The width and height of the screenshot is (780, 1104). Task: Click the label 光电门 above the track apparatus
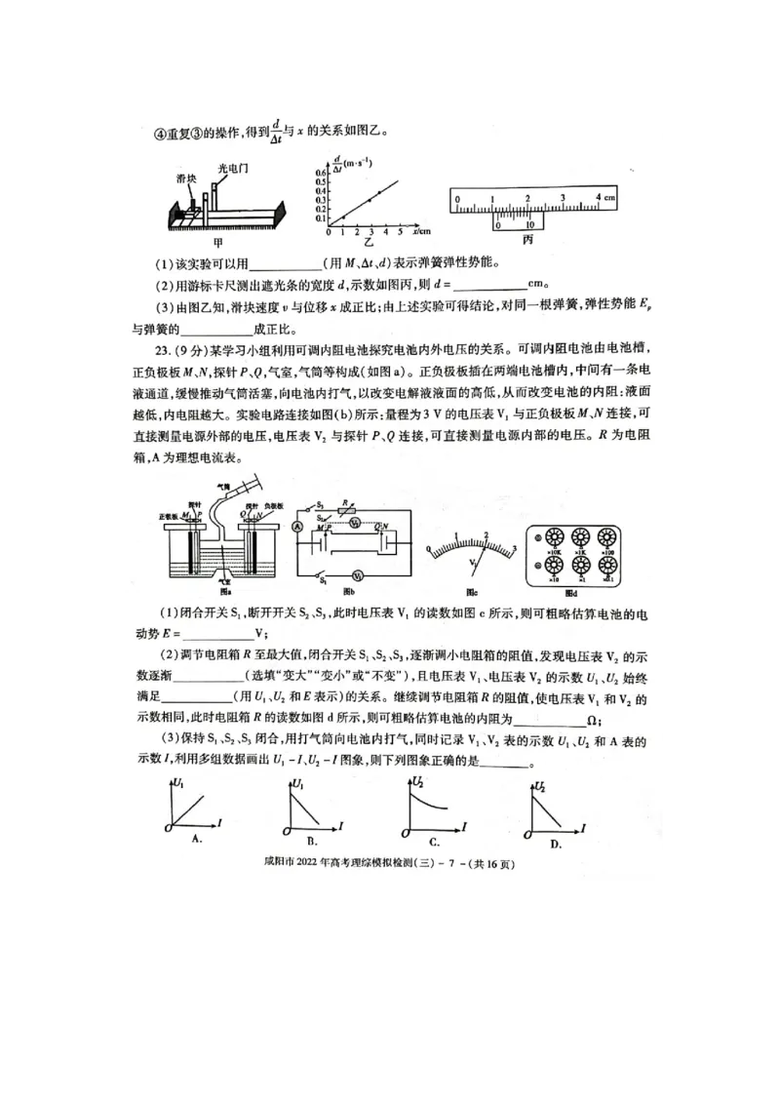tap(233, 168)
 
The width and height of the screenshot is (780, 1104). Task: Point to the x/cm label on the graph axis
tap(421, 231)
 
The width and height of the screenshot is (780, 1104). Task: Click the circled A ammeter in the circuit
tap(297, 526)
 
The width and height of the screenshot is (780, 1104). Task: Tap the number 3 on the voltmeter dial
tap(514, 546)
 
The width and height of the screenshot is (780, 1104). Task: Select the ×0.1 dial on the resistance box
tap(609, 569)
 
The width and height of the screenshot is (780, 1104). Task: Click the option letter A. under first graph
tap(197, 838)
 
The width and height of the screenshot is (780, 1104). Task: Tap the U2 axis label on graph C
tap(417, 781)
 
